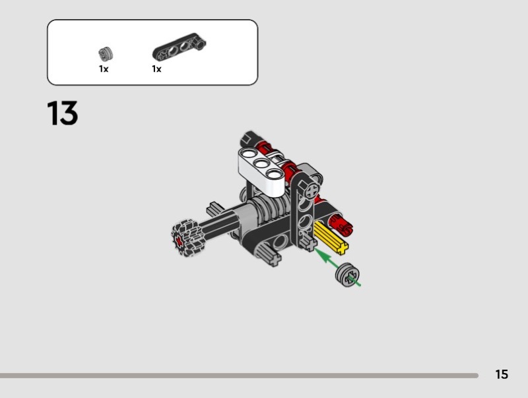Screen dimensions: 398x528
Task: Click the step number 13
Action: click(63, 113)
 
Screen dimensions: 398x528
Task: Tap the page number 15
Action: click(502, 375)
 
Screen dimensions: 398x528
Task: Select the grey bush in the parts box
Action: click(104, 53)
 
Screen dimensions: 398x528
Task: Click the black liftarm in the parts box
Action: click(179, 48)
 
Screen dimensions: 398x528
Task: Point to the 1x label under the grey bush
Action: click(104, 69)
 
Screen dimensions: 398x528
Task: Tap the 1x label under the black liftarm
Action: click(156, 69)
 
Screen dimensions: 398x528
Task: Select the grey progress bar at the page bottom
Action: click(238, 376)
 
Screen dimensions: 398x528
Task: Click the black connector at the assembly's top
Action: click(247, 139)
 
